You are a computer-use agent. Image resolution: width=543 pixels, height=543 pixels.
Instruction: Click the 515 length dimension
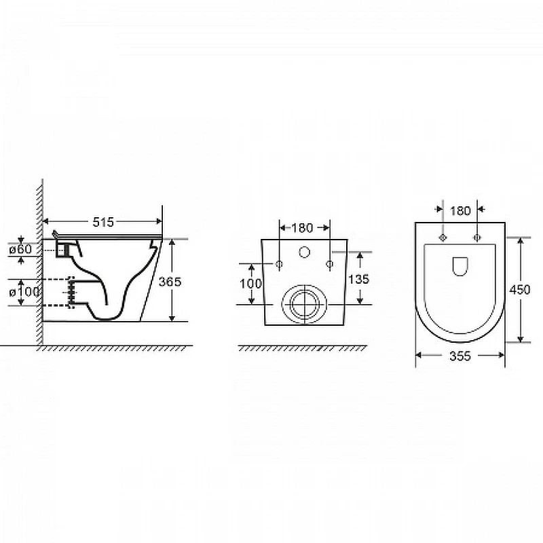(x=103, y=222)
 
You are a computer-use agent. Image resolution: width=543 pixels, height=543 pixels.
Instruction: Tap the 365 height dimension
(x=170, y=282)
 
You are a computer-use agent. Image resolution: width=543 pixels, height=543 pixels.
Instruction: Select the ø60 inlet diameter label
(x=20, y=249)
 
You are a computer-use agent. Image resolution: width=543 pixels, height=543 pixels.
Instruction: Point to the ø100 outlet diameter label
(x=24, y=292)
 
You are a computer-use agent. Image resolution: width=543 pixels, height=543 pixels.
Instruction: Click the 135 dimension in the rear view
(x=359, y=279)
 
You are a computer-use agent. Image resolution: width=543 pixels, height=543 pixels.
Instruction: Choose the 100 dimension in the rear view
(x=250, y=284)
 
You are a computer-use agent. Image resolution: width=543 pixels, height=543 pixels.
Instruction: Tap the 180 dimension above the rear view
(x=302, y=228)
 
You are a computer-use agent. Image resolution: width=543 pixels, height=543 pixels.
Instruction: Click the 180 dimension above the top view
(x=460, y=210)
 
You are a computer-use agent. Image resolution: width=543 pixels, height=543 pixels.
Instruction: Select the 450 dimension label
(x=519, y=290)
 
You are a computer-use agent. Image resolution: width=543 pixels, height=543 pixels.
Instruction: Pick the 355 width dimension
(x=460, y=356)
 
